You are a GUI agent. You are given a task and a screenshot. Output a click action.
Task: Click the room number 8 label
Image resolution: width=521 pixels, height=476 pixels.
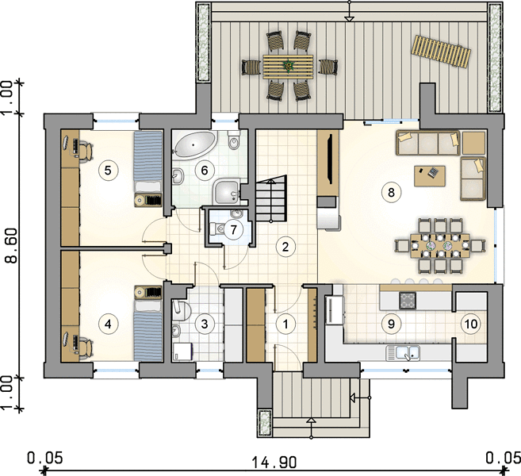pyautogui.click(x=391, y=192)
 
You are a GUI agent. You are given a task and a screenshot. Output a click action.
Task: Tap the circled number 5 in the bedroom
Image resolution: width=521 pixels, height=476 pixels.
pyautogui.click(x=108, y=171)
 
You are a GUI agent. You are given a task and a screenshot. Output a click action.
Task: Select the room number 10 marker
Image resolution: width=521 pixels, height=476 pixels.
pyautogui.click(x=471, y=324)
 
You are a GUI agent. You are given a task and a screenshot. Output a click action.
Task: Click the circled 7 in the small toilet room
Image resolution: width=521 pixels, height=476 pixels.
pyautogui.click(x=233, y=229)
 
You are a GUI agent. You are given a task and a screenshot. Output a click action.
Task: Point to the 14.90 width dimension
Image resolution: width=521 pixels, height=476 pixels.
pyautogui.click(x=274, y=462)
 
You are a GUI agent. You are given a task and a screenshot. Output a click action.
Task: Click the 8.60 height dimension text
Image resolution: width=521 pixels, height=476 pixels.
pyautogui.click(x=13, y=246)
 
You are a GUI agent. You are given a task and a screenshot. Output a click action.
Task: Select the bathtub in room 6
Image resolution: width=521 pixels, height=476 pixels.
pyautogui.click(x=195, y=145)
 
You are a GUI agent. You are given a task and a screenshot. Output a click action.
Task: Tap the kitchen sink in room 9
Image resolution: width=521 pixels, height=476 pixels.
pyautogui.click(x=403, y=353)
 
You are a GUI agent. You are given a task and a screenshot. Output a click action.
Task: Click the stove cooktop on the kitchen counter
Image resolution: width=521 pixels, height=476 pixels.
pyautogui.click(x=408, y=301)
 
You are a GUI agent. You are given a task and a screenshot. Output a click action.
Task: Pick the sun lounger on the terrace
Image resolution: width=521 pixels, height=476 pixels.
pyautogui.click(x=441, y=52)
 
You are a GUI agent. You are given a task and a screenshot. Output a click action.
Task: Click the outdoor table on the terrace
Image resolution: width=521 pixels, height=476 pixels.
pyautogui.click(x=288, y=67)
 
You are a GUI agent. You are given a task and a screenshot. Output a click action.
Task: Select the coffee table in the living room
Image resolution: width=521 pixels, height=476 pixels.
pyautogui.click(x=430, y=176)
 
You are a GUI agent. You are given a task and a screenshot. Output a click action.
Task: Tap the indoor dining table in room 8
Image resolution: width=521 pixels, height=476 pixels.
pyautogui.click(x=440, y=246)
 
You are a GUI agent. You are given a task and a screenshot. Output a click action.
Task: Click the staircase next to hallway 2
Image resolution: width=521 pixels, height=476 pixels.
pyautogui.click(x=270, y=199)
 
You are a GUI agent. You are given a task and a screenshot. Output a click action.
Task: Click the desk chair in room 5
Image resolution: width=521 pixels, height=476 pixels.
pyautogui.click(x=86, y=151)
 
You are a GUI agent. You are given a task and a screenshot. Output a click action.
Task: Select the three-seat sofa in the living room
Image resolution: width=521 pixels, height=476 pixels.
pyautogui.click(x=428, y=143)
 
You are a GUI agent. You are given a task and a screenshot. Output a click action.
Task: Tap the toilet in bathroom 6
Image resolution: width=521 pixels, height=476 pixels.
pyautogui.click(x=234, y=140)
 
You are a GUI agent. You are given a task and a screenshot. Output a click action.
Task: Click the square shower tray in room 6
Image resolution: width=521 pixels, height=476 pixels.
pyautogui.click(x=227, y=192)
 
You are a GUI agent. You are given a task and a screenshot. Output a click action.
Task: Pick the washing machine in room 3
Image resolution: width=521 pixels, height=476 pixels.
pyautogui.click(x=182, y=352)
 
